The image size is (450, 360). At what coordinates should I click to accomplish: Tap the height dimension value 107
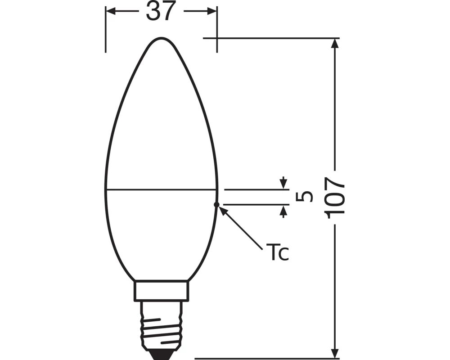(x=336, y=197)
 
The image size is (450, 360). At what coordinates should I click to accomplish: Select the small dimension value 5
(x=305, y=197)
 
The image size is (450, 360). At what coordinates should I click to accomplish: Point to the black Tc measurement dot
(x=216, y=204)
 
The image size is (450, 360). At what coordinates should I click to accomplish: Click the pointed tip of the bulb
(x=161, y=39)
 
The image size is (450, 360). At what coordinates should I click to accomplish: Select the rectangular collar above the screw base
(x=161, y=291)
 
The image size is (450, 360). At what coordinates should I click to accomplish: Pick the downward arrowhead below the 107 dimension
(x=335, y=353)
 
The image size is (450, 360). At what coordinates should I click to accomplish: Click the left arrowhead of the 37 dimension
(x=111, y=11)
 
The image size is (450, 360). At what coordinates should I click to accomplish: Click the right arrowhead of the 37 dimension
(x=212, y=11)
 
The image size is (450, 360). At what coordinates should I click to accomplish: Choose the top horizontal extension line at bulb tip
(x=270, y=38)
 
